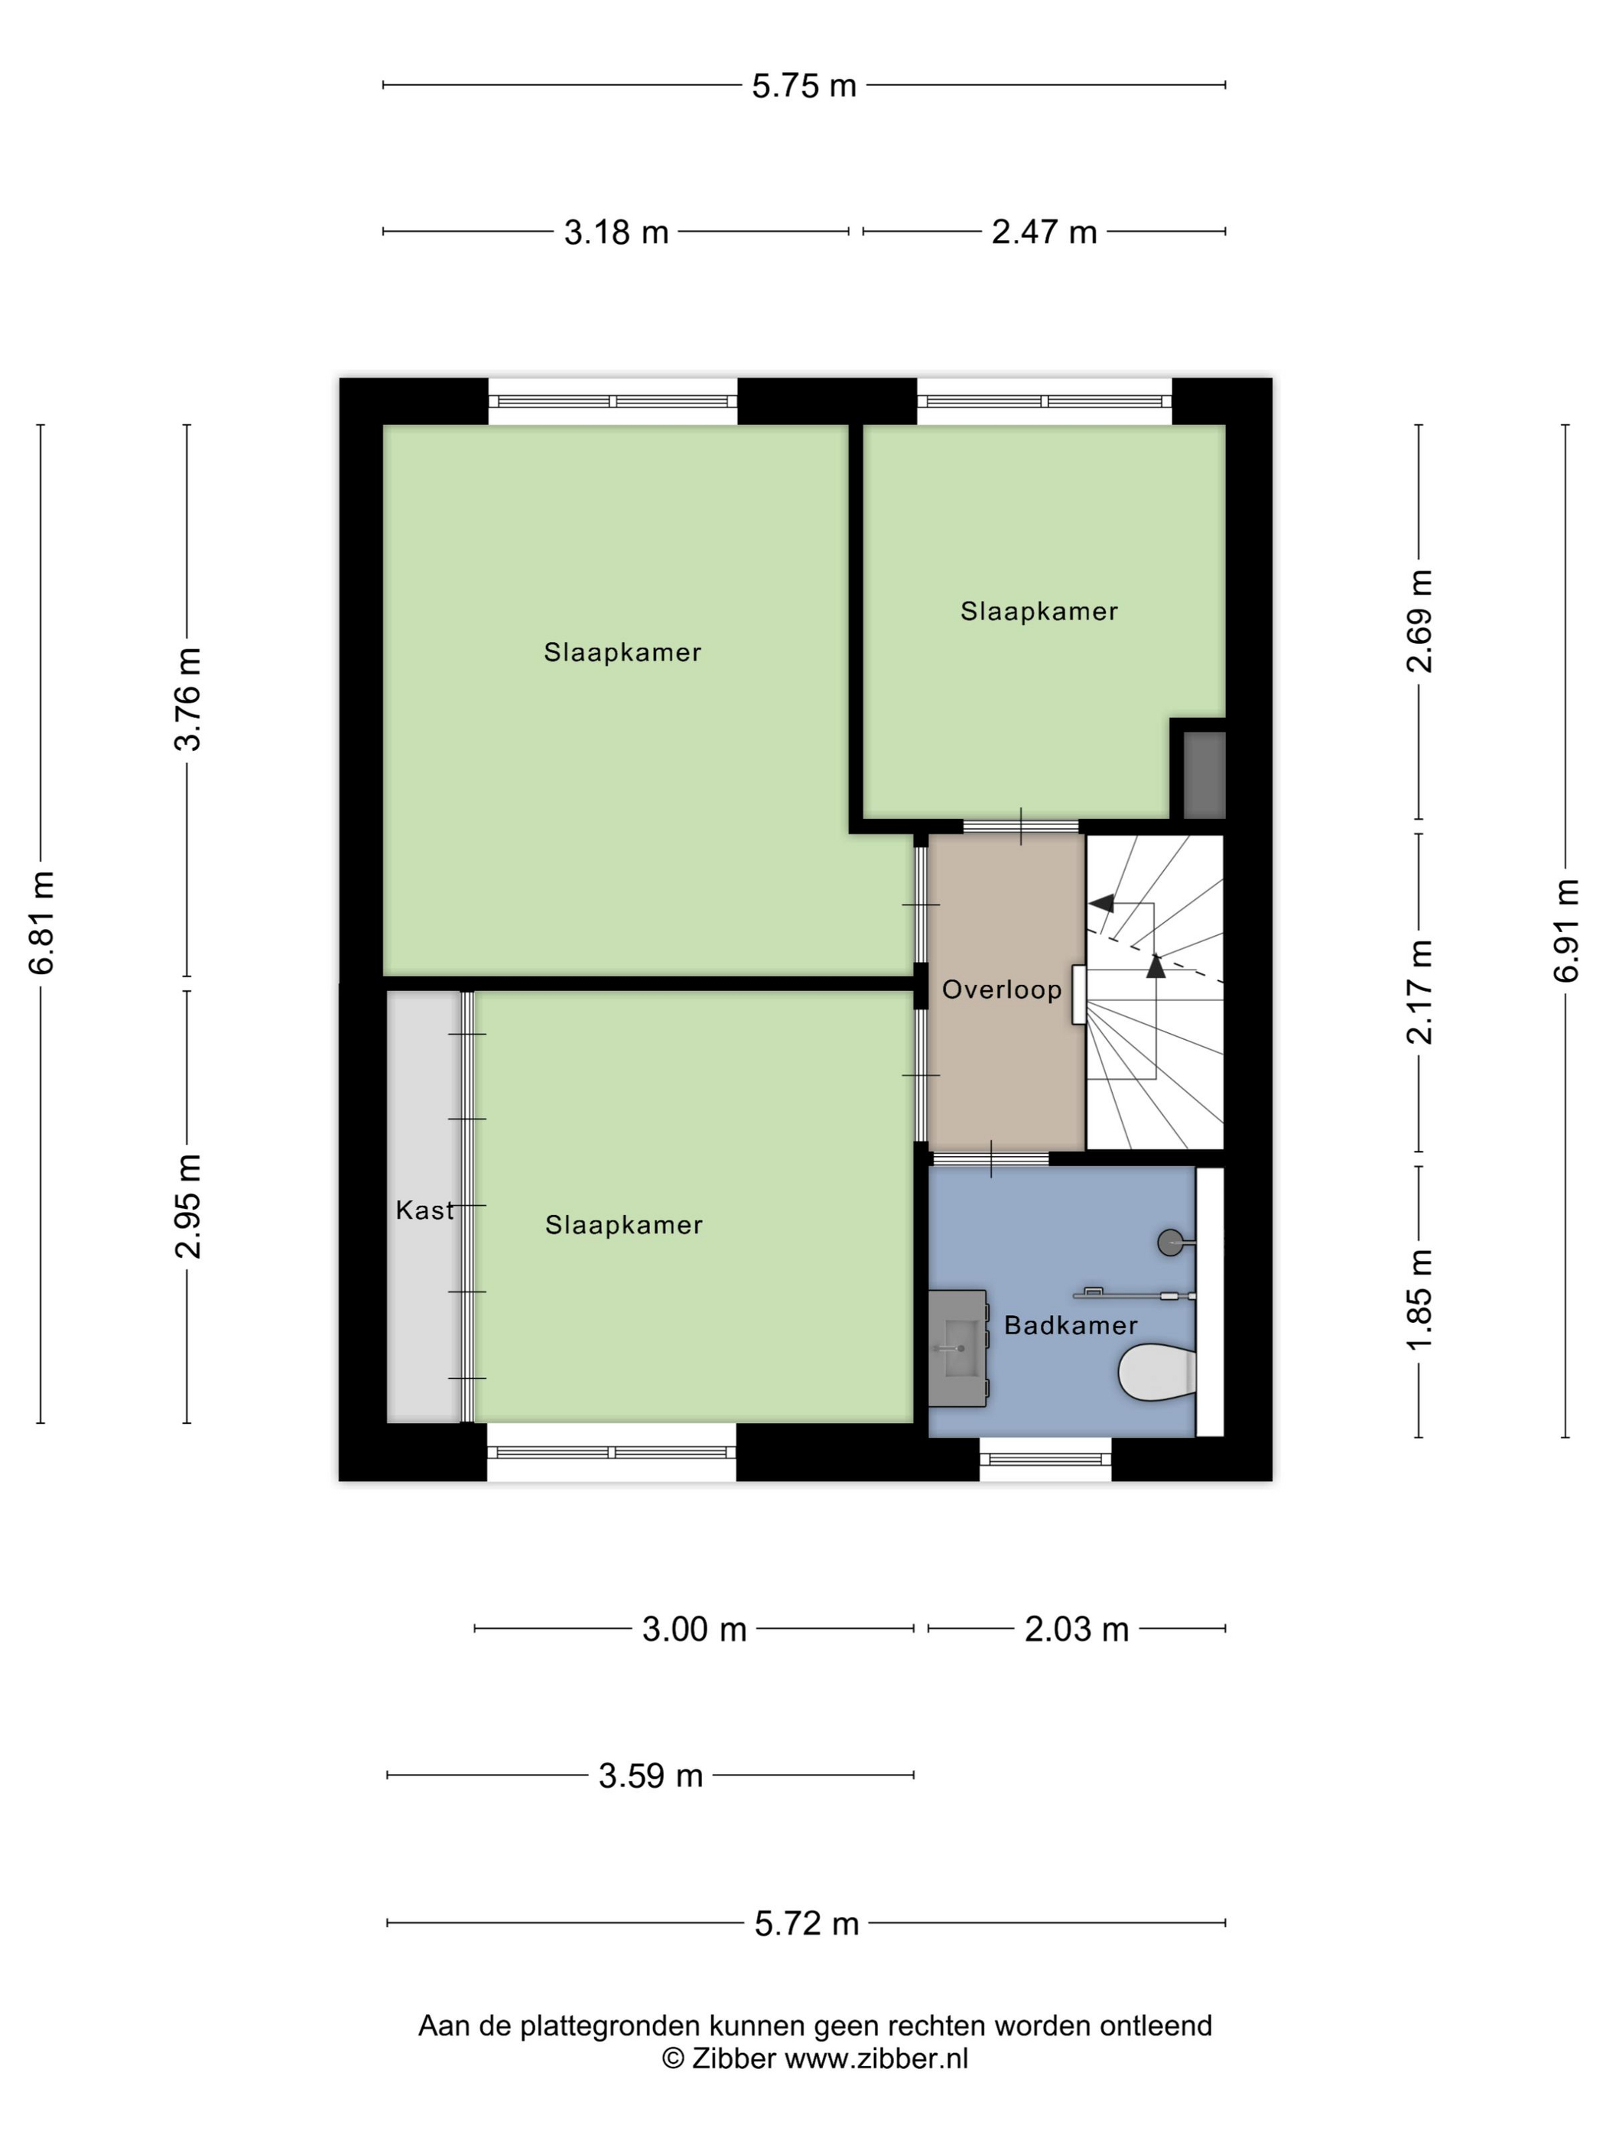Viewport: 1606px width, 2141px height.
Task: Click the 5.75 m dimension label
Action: pos(804,86)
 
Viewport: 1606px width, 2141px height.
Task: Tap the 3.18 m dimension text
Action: pos(616,232)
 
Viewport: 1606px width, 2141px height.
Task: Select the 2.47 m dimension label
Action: pos(1044,232)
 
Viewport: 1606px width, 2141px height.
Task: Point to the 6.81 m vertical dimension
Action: pos(41,922)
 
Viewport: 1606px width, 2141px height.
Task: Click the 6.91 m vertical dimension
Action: pos(1565,930)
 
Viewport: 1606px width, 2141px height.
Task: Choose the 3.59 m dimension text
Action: pos(651,1776)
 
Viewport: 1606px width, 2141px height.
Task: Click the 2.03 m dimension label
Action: pos(1077,1629)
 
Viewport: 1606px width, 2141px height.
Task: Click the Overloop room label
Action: pos(1002,989)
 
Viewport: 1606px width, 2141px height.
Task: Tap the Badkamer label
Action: pos(1071,1325)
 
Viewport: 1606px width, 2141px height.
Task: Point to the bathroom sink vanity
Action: pos(958,1347)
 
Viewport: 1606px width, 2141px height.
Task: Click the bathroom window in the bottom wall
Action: pos(1045,1459)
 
